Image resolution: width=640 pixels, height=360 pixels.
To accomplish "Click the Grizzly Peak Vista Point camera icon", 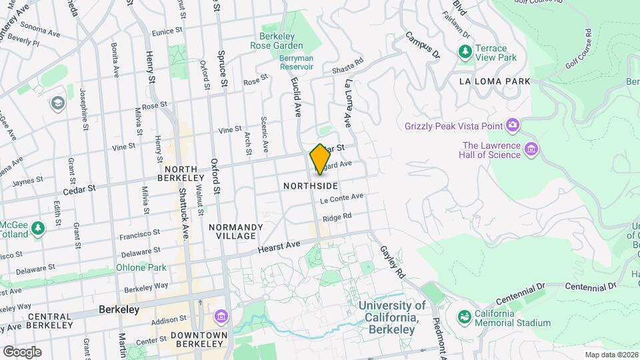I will [x=513, y=125].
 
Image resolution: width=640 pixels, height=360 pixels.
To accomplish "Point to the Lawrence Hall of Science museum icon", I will [x=531, y=149].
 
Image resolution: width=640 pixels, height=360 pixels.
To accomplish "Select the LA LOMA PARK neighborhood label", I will [x=495, y=81].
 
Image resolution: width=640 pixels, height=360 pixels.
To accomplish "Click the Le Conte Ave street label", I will [x=341, y=198].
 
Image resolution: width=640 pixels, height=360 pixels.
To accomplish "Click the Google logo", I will [x=22, y=351].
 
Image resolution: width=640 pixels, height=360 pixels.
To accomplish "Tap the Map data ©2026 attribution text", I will [x=611, y=355].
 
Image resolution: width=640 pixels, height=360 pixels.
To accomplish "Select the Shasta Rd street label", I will [x=347, y=67].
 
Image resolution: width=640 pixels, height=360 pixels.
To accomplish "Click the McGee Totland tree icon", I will [x=38, y=228].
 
